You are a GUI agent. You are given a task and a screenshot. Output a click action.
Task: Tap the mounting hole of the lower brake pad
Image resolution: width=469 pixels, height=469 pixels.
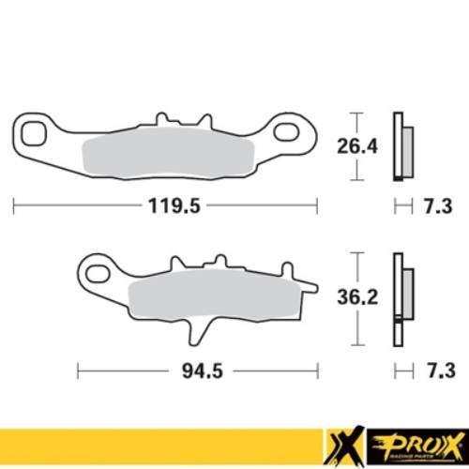(98, 276)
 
